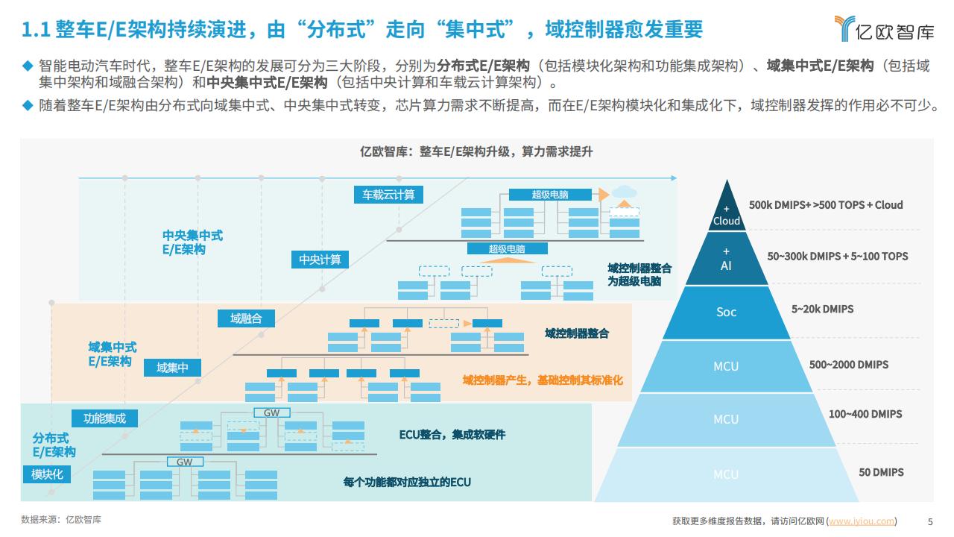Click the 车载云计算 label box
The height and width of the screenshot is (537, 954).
tap(388, 195)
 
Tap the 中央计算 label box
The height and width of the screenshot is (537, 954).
tap(320, 260)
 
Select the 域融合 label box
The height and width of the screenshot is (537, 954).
tap(246, 318)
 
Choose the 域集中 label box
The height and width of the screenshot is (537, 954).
tap(172, 368)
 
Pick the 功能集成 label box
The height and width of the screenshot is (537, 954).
tap(105, 418)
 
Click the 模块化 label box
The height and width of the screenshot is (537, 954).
tap(47, 474)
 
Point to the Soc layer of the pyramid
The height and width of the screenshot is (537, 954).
tap(726, 313)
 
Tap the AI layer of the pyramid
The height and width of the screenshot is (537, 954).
tap(726, 259)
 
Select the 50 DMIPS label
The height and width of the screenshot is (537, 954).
tap(881, 472)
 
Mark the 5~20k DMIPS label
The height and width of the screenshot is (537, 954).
tap(822, 309)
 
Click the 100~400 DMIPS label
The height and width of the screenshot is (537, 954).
tap(865, 414)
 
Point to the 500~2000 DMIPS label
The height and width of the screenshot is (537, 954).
tap(849, 365)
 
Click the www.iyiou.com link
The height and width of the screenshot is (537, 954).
tap(861, 521)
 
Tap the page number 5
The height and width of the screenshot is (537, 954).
tap(930, 521)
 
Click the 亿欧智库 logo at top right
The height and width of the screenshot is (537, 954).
tap(884, 29)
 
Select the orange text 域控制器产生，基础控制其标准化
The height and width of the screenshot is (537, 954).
tap(543, 380)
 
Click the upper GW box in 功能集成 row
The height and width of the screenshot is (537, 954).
tap(272, 412)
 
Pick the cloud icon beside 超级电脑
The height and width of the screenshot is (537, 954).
tap(625, 192)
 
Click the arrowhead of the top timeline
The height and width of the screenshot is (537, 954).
tap(674, 178)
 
